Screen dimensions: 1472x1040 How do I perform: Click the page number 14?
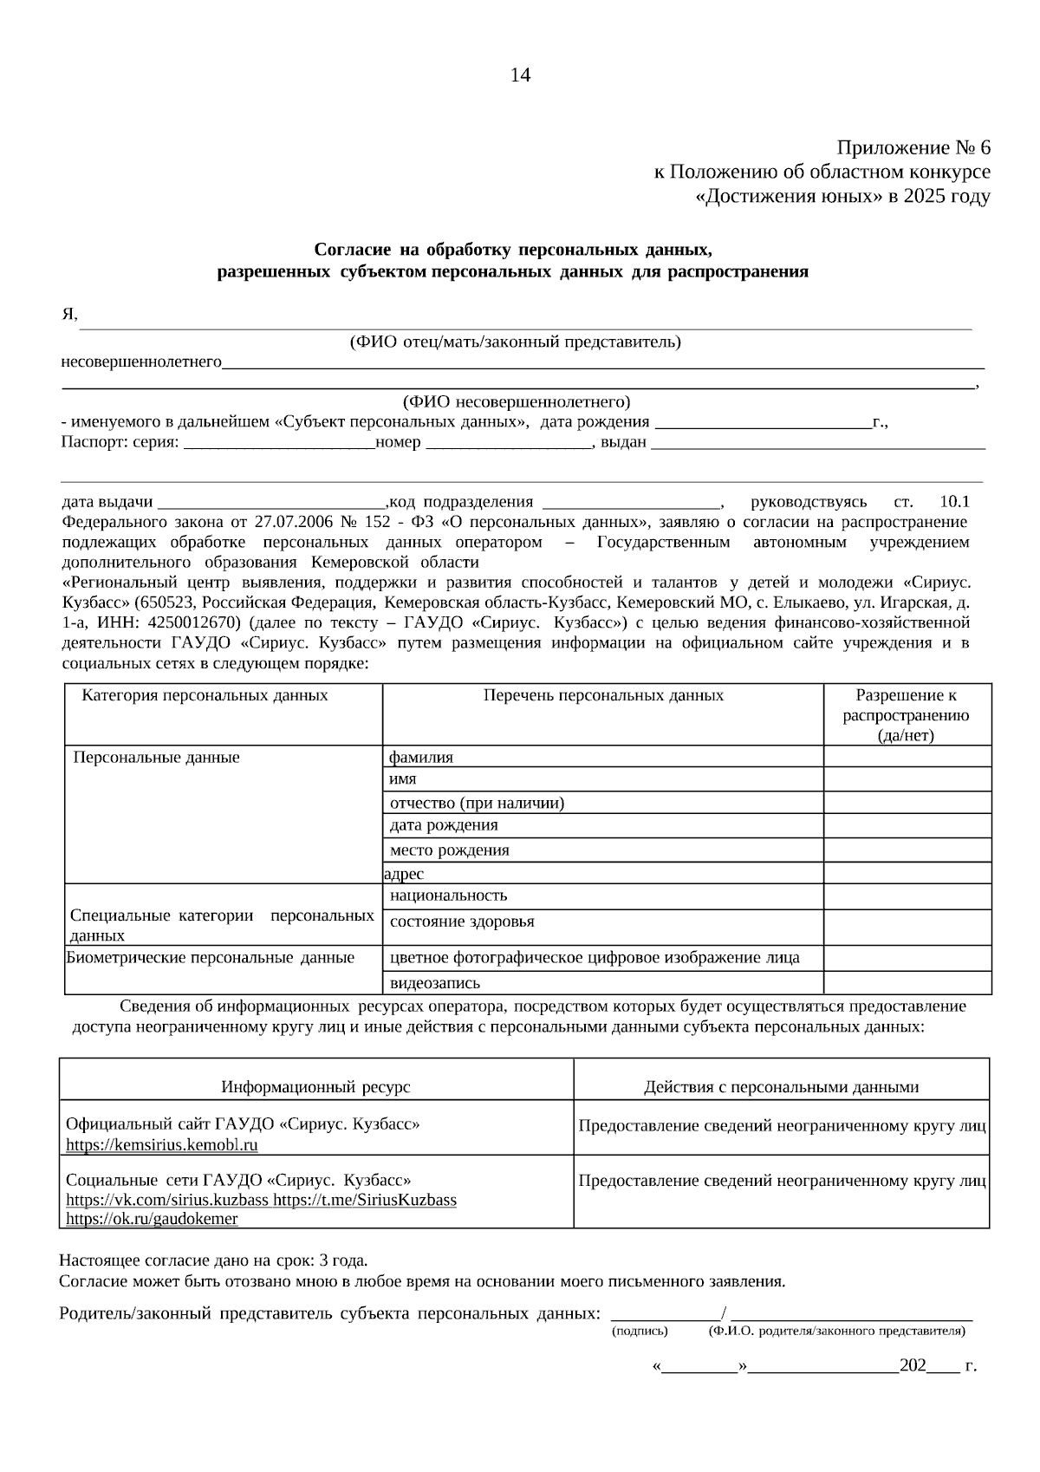[520, 75]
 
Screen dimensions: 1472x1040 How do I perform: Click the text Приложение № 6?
[913, 147]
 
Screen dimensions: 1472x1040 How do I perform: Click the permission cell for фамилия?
[907, 757]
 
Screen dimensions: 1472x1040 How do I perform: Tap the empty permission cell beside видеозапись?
[907, 982]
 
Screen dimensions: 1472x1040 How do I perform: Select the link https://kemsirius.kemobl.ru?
[162, 1144]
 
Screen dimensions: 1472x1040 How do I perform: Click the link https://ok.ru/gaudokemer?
[152, 1219]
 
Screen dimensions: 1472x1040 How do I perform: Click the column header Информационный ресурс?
[315, 1087]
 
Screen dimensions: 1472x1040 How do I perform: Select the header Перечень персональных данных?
[603, 695]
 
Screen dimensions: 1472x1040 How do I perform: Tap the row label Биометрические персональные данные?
[211, 958]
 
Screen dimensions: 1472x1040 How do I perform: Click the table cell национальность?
[448, 896]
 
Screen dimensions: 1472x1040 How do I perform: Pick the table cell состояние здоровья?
[462, 922]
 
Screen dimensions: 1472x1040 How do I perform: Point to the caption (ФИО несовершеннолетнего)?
[517, 402]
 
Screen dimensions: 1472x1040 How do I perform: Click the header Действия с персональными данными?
[781, 1087]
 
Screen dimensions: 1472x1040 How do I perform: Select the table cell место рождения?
[449, 850]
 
